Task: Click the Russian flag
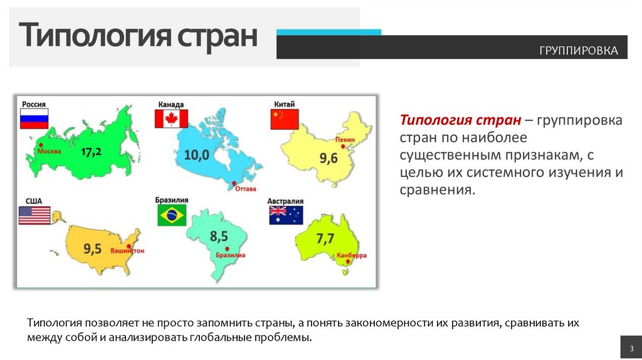click(x=34, y=119)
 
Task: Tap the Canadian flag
click(x=171, y=119)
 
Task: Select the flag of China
click(x=285, y=119)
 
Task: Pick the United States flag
click(x=34, y=215)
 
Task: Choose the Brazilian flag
click(x=172, y=215)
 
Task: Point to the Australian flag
click(x=286, y=215)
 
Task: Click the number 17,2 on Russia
click(x=91, y=151)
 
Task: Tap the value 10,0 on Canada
click(x=196, y=154)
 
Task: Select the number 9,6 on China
click(x=329, y=159)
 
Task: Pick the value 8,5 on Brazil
click(x=219, y=236)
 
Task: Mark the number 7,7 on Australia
click(x=326, y=238)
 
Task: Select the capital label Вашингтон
click(x=127, y=251)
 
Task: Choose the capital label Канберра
click(x=351, y=256)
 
